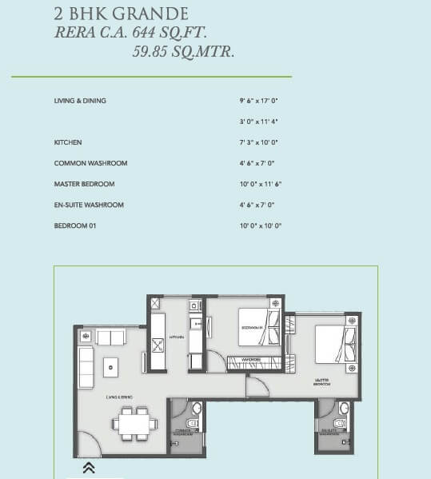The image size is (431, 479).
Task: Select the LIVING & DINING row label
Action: (80, 101)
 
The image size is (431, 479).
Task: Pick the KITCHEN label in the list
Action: (68, 142)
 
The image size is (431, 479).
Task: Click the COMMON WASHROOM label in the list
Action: (90, 163)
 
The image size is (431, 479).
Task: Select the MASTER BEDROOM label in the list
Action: (84, 184)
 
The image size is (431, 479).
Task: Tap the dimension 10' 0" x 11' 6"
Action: (261, 184)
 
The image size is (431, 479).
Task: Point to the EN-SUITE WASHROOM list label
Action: (89, 205)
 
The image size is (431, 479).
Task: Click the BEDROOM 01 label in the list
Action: (76, 226)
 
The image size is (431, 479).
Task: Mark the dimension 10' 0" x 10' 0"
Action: (261, 226)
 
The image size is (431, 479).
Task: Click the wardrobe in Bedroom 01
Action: (253, 359)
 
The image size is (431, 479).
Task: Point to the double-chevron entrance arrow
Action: (89, 468)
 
